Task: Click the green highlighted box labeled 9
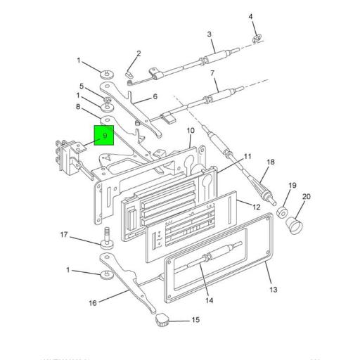coord(104,135)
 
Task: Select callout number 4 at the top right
coord(252,17)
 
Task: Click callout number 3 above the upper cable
coord(209,34)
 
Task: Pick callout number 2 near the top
coord(139,53)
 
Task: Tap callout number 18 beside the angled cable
coord(270,163)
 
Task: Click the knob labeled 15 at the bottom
coord(161,321)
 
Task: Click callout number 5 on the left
coord(82,87)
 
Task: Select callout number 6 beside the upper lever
coord(154,98)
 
